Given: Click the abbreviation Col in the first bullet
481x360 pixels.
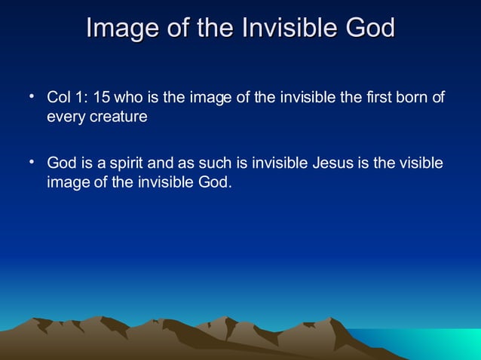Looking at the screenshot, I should click(x=58, y=99).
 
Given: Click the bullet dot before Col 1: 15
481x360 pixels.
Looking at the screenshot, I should click(x=32, y=97).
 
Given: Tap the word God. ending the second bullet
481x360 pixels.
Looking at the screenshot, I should click(x=215, y=182).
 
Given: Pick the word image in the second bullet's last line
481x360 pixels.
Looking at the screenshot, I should click(x=66, y=182).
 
